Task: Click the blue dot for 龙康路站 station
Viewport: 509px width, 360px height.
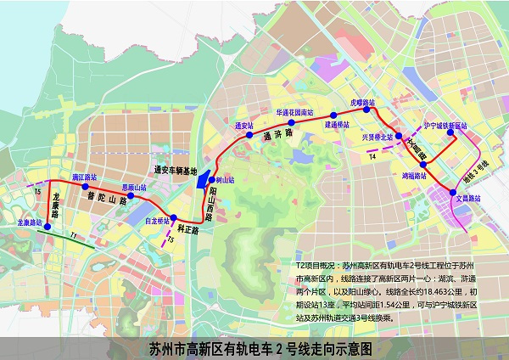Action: (x=48, y=228)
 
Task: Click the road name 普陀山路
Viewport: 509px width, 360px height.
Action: (x=105, y=197)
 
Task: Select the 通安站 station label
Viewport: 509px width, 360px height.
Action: (x=244, y=125)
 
